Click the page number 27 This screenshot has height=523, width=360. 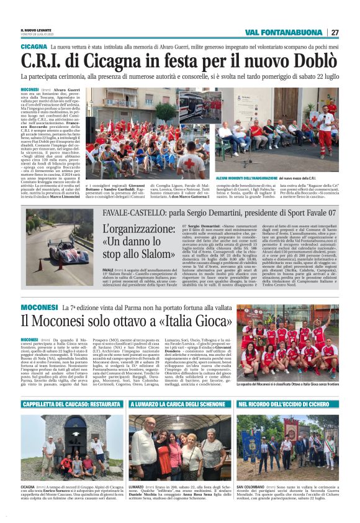pyautogui.click(x=335, y=32)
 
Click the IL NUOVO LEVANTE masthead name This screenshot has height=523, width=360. pyautogui.click(x=38, y=30)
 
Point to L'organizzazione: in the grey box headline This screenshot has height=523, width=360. pyautogui.click(x=145, y=228)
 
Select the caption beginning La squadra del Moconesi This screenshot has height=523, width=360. pyautogui.click(x=287, y=384)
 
